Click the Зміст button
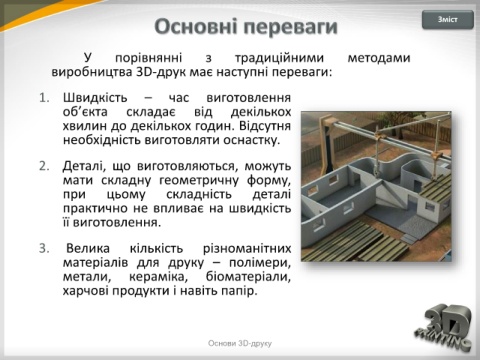tap(448, 20)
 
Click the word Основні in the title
tap(196, 27)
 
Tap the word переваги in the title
tap(290, 28)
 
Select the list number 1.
tap(44, 98)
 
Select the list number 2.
tap(44, 166)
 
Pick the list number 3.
tap(44, 249)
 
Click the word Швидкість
tap(95, 98)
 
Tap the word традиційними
tap(279, 59)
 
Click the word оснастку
tap(251, 140)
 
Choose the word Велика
tap(88, 249)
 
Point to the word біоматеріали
tap(248, 277)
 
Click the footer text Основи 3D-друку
tap(240, 343)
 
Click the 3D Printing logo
tap(444, 328)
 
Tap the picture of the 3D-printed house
tap(376, 186)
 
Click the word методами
tap(379, 58)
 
